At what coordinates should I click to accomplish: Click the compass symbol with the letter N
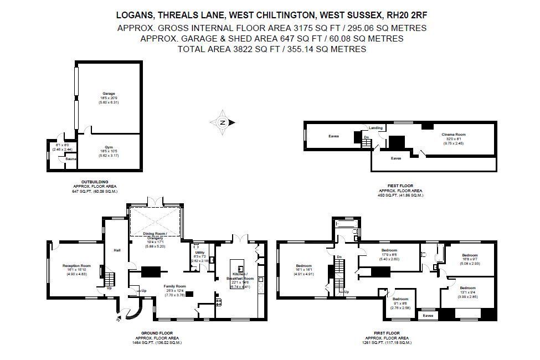pos(223,122)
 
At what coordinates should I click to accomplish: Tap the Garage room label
pos(109,94)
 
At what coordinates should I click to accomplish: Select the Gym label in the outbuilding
pos(109,147)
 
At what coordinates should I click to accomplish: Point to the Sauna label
pos(70,159)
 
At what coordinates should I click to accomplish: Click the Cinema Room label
pos(453,135)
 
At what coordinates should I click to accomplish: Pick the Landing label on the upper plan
pos(376,128)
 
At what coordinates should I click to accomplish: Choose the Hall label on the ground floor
pos(117,250)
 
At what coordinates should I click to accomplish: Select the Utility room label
pos(199,253)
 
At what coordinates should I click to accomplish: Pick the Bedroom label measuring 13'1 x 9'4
pos(467,287)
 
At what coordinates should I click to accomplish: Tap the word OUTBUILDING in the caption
pos(88,182)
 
